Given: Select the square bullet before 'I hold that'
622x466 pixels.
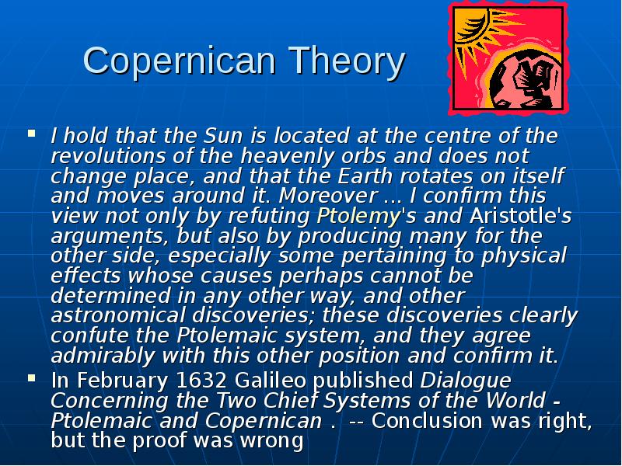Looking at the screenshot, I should (x=32, y=133).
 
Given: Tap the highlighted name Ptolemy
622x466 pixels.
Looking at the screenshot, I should (x=358, y=216).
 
